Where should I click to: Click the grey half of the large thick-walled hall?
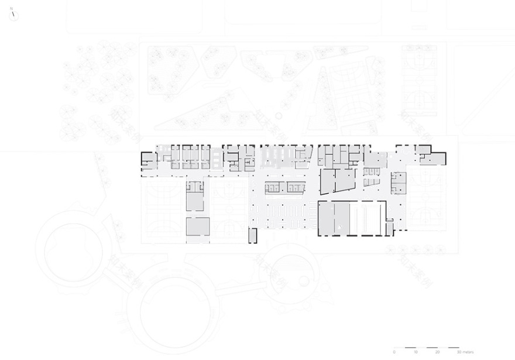(334, 218)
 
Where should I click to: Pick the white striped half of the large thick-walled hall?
(368, 218)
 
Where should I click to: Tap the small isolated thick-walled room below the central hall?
(253, 235)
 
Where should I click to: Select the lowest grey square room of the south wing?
(197, 228)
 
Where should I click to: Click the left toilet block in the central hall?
(274, 187)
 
